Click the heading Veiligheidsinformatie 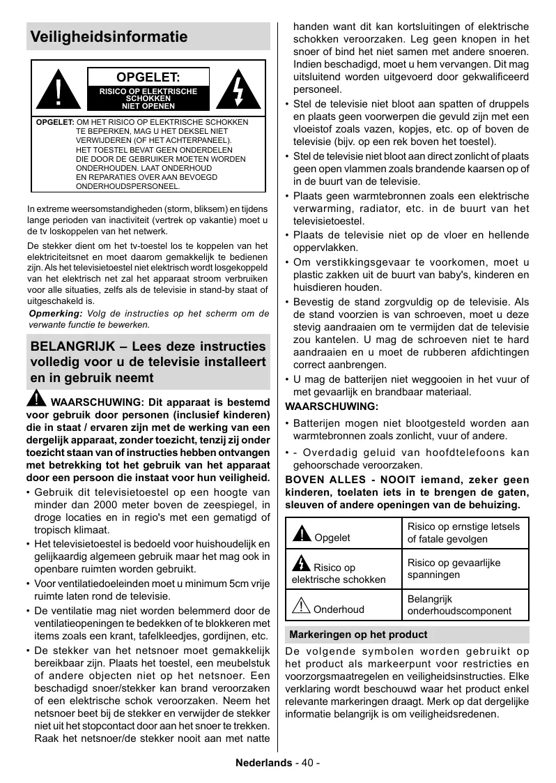click(109, 37)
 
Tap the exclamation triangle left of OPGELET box click(59, 90)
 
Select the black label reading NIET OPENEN click(148, 106)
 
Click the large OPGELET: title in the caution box click(148, 77)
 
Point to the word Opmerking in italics click(54, 314)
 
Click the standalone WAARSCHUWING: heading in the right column click(332, 406)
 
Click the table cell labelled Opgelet click(332, 537)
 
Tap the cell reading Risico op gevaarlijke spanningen click(454, 569)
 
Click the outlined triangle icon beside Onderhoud click(301, 607)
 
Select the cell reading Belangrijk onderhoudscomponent click(459, 605)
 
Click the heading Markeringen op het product click(358, 634)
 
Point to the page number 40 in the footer click(308, 763)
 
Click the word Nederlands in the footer click(263, 763)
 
